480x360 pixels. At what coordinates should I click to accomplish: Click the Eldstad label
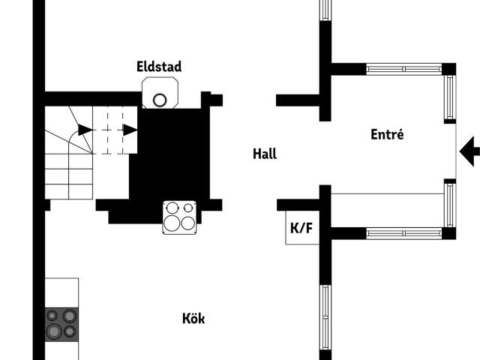tap(159, 67)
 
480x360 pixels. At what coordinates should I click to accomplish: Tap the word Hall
tap(265, 154)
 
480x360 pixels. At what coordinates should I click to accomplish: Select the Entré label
tap(387, 134)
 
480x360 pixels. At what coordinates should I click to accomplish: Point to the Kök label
tap(193, 318)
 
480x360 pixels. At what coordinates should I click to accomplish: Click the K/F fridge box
tap(302, 228)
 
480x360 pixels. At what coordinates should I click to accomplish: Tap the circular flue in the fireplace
tap(160, 100)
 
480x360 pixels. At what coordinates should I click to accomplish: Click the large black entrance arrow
tap(469, 151)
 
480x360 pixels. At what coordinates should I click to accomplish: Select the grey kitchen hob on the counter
tap(61, 325)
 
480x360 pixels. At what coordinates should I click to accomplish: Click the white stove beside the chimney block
tap(179, 217)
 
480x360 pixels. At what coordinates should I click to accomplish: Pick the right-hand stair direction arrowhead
tap(130, 130)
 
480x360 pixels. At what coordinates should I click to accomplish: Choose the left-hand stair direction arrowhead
tap(85, 130)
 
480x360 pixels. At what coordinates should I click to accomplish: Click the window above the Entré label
tap(404, 69)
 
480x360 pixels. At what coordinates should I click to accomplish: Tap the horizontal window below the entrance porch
tap(404, 233)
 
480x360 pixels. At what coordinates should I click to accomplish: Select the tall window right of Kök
tap(325, 317)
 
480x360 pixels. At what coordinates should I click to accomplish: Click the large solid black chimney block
tap(169, 159)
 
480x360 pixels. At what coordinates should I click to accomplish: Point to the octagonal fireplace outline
tap(160, 93)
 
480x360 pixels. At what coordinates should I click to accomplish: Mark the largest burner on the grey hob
tap(54, 331)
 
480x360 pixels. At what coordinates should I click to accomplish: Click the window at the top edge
tap(325, 10)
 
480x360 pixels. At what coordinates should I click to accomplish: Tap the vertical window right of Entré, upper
tap(450, 97)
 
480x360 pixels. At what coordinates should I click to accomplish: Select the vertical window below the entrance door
tap(450, 205)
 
